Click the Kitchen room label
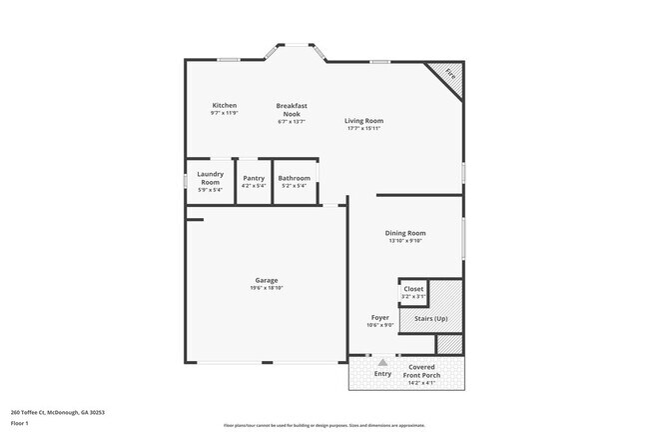pos(225,105)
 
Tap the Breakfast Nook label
pos(292,109)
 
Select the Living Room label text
pos(364,121)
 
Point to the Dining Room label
pos(405,233)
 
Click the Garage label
pos(267,280)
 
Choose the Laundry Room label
pos(210,178)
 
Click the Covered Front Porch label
pos(421,371)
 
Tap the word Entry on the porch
pos(382,374)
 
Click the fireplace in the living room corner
pos(449,75)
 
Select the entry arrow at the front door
pos(382,361)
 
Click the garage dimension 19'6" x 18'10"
pos(267,287)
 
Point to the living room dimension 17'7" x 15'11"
pos(364,128)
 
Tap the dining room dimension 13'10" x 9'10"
pos(405,240)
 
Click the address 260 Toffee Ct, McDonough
pos(58,411)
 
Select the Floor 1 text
pos(21,423)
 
